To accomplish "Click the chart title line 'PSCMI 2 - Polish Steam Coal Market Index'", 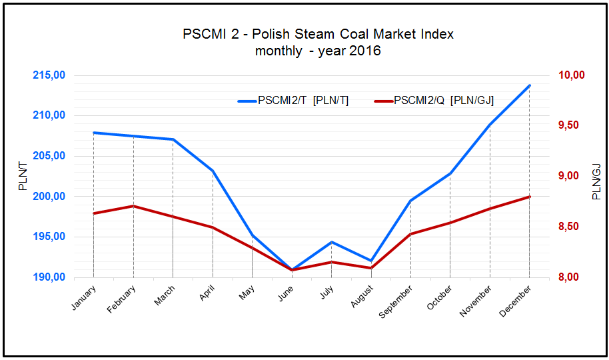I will [x=318, y=34].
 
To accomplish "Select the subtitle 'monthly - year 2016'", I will [x=318, y=51].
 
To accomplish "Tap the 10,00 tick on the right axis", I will [x=570, y=75].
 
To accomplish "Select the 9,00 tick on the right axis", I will [x=570, y=176].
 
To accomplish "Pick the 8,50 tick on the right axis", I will [x=570, y=227].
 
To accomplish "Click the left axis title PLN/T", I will [x=23, y=176].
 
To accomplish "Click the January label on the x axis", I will [x=83, y=297].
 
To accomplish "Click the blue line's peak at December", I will [x=530, y=85].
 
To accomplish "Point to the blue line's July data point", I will [x=332, y=242].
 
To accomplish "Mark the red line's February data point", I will [x=133, y=206].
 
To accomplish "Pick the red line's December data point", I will [x=530, y=197].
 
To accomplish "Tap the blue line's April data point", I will [x=213, y=171].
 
